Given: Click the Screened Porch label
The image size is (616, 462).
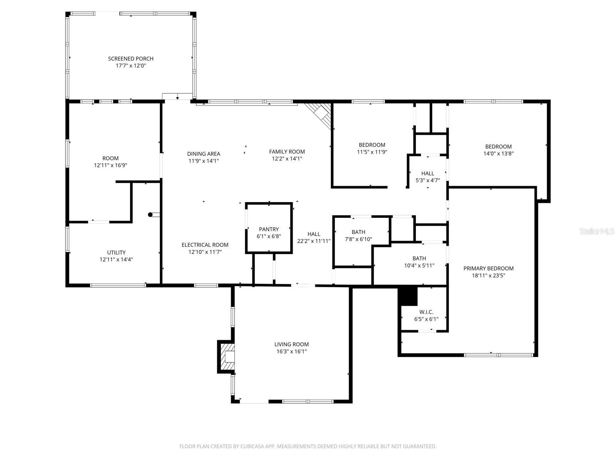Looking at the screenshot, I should tap(131, 59).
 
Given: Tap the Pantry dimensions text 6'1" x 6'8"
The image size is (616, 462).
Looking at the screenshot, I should tap(269, 236).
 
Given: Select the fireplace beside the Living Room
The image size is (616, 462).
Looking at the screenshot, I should tap(227, 357).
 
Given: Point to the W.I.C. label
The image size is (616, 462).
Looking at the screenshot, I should tap(426, 312).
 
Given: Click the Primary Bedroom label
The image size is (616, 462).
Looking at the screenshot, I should tap(488, 268).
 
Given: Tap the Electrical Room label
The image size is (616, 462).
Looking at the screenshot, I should tap(205, 245).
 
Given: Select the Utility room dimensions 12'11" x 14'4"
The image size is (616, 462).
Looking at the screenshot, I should tap(116, 259).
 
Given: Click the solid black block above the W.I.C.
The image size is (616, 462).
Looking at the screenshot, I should tap(408, 296).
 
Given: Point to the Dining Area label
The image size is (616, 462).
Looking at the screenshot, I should tap(204, 154).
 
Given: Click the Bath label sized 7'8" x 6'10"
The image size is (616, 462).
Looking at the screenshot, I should tap(358, 232).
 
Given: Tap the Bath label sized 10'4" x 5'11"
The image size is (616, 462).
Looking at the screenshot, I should tap(419, 258).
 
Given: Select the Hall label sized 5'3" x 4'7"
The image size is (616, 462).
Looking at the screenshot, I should tap(427, 173).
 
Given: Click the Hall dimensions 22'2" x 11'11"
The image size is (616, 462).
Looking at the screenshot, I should tap(314, 241).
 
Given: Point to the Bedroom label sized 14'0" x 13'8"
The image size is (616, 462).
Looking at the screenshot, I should tap(498, 146).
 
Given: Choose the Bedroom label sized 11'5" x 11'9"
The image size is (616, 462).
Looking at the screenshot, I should tap(372, 145).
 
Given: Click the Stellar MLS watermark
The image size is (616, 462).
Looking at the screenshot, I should tap(596, 231).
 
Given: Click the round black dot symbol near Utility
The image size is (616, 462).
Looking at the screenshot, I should tap(151, 215).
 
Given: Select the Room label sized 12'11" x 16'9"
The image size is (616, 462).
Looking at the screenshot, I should tap(110, 158).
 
